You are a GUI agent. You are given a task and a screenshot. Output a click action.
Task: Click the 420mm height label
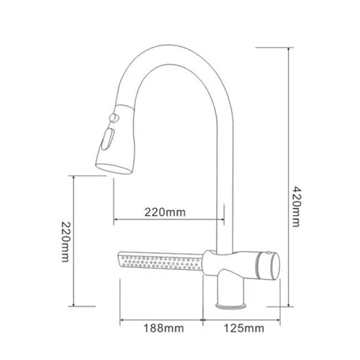295,206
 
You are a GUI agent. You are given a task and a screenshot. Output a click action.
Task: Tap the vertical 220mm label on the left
65,242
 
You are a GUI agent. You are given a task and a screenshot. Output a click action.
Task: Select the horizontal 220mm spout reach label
165,212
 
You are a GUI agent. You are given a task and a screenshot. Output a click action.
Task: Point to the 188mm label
164,328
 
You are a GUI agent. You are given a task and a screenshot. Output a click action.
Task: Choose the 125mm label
244,328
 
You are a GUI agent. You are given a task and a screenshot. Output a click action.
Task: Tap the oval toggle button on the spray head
107,139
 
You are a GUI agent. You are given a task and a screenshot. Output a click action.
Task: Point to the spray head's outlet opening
114,168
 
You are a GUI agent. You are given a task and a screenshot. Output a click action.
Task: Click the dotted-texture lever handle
161,261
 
